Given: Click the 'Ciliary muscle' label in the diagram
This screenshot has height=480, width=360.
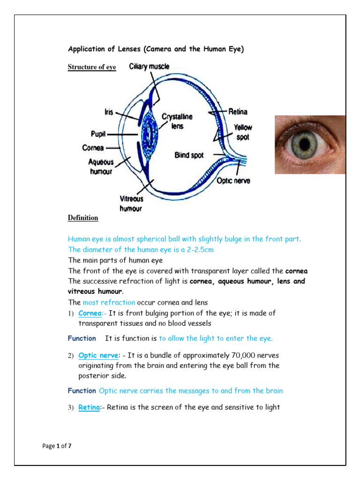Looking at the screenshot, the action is pos(149,67).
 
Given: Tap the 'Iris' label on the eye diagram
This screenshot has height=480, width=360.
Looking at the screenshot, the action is pos(109,112).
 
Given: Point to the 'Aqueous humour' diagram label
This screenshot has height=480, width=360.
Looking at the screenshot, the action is pos(101,166).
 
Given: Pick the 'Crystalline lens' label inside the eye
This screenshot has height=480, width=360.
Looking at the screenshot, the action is pos(177,121).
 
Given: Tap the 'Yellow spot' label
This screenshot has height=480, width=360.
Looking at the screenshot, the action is pos(243,132).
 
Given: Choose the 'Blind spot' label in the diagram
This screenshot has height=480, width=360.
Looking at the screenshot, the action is pos(189,155).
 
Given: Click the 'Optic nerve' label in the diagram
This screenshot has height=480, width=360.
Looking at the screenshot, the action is pos(233,180).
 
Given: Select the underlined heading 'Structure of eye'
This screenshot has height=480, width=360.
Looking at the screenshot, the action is pos(92,67).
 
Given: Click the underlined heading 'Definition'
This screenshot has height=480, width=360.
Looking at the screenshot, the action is pos(83,218).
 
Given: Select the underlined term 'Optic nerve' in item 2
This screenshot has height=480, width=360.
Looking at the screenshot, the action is pos(97,355).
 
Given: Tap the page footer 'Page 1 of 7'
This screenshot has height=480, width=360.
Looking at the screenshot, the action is pos(57,446).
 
